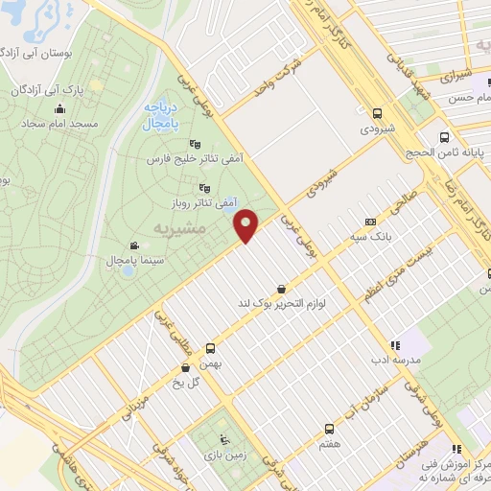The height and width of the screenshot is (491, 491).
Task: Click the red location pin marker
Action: (247, 224)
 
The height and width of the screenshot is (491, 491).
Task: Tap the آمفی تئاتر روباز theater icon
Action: (202, 188)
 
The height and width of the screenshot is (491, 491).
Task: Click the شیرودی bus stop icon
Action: (377, 110)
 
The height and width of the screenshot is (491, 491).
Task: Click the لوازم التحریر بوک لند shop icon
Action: (280, 288)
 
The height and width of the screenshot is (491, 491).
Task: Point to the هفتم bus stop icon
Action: (329, 429)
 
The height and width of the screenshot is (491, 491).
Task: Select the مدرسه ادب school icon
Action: (393, 345)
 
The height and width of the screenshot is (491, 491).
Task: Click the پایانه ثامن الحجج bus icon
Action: (443, 136)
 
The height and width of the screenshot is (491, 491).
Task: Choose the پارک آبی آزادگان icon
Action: (18, 89)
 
